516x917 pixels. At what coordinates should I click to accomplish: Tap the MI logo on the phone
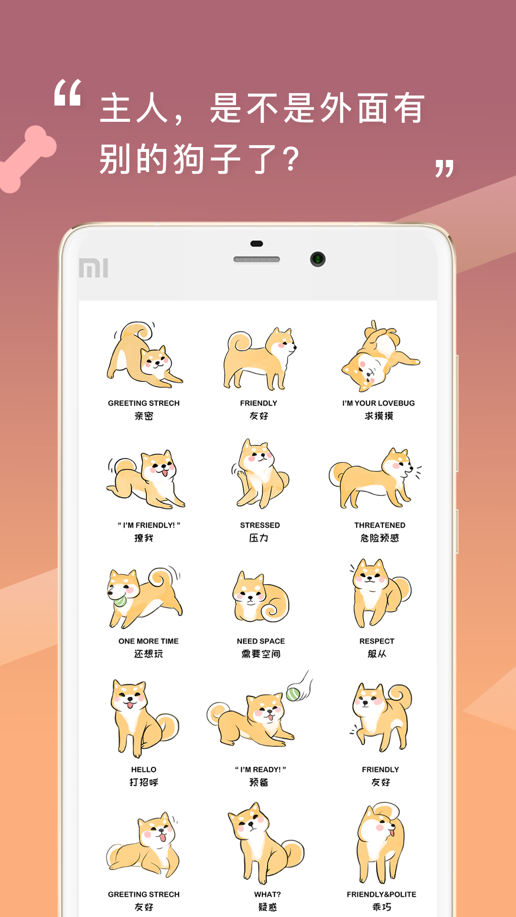tap(94, 268)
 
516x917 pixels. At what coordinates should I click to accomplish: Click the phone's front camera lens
tap(318, 259)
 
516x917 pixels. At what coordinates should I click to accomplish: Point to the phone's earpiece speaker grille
tap(257, 259)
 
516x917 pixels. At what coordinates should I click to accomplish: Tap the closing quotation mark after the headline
tap(444, 169)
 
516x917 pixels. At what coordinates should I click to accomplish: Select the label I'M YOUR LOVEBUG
tap(378, 403)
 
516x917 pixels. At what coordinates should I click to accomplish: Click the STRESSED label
tap(260, 525)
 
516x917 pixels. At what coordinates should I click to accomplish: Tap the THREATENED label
tap(380, 525)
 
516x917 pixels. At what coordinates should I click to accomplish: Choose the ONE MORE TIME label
tap(149, 641)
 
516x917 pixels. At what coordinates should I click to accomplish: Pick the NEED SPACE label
tap(261, 641)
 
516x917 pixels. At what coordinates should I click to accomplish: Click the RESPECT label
tap(377, 641)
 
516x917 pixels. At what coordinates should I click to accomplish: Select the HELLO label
tap(144, 769)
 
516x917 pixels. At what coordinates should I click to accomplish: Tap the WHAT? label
tap(268, 894)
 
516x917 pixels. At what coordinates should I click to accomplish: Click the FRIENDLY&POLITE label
tap(381, 894)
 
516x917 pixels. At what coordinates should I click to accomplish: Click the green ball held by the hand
tap(293, 694)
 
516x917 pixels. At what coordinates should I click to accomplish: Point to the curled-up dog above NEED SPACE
tap(260, 597)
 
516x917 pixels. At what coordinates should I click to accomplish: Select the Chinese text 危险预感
tap(380, 538)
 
